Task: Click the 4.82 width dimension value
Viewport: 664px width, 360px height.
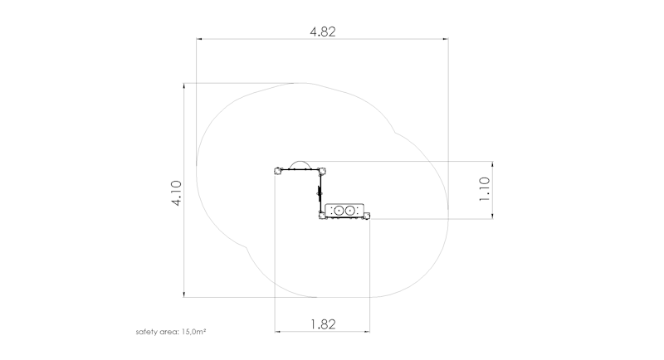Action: point(323,32)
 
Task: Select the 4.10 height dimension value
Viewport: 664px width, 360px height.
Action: point(177,193)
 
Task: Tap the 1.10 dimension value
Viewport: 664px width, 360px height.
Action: point(484,189)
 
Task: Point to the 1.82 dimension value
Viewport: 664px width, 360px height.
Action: point(323,324)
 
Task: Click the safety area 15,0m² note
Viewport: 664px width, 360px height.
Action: point(171,332)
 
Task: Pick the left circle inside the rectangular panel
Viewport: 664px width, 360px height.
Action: point(339,210)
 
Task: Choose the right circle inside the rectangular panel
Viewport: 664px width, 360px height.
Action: point(349,210)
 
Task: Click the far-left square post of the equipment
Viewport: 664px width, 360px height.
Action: point(278,171)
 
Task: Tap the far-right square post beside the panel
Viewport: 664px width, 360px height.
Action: point(367,216)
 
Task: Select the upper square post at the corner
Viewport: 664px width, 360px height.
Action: point(322,171)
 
